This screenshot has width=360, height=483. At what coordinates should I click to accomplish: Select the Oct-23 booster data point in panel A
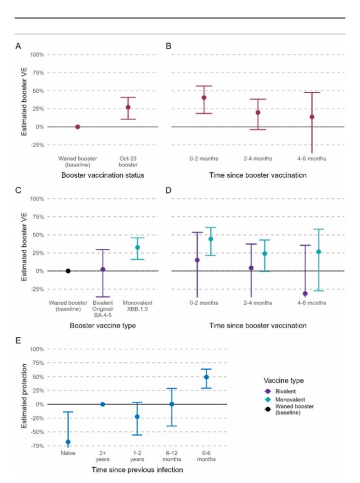(128, 107)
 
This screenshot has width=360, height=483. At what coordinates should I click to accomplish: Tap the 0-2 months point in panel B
(204, 98)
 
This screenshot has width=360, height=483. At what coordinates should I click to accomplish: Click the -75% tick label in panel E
(38, 446)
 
